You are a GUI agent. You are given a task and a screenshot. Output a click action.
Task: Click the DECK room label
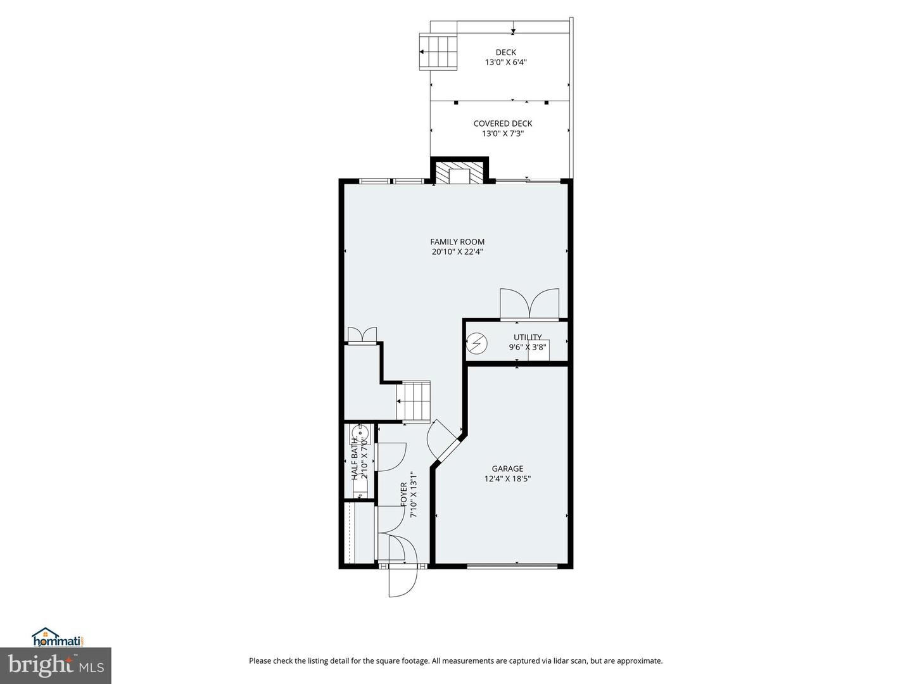tap(505, 53)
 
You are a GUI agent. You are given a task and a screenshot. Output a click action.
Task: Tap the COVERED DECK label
tap(503, 123)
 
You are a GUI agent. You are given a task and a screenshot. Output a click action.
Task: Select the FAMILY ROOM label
tap(457, 241)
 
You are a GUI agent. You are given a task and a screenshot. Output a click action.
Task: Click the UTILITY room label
tap(528, 337)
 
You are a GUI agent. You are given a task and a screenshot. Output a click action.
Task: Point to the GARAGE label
tap(507, 469)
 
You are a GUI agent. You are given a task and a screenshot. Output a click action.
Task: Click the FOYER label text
tap(404, 495)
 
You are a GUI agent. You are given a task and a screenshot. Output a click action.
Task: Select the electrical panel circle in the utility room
tap(477, 344)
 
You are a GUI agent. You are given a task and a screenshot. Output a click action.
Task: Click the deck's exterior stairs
tap(438, 52)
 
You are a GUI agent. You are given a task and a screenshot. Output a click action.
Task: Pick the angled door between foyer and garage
tap(443, 440)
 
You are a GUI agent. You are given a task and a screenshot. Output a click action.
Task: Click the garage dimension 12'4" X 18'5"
tap(507, 479)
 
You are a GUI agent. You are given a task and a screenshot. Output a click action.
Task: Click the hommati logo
tap(58, 637)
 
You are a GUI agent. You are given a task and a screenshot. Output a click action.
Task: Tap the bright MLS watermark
tap(55, 665)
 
